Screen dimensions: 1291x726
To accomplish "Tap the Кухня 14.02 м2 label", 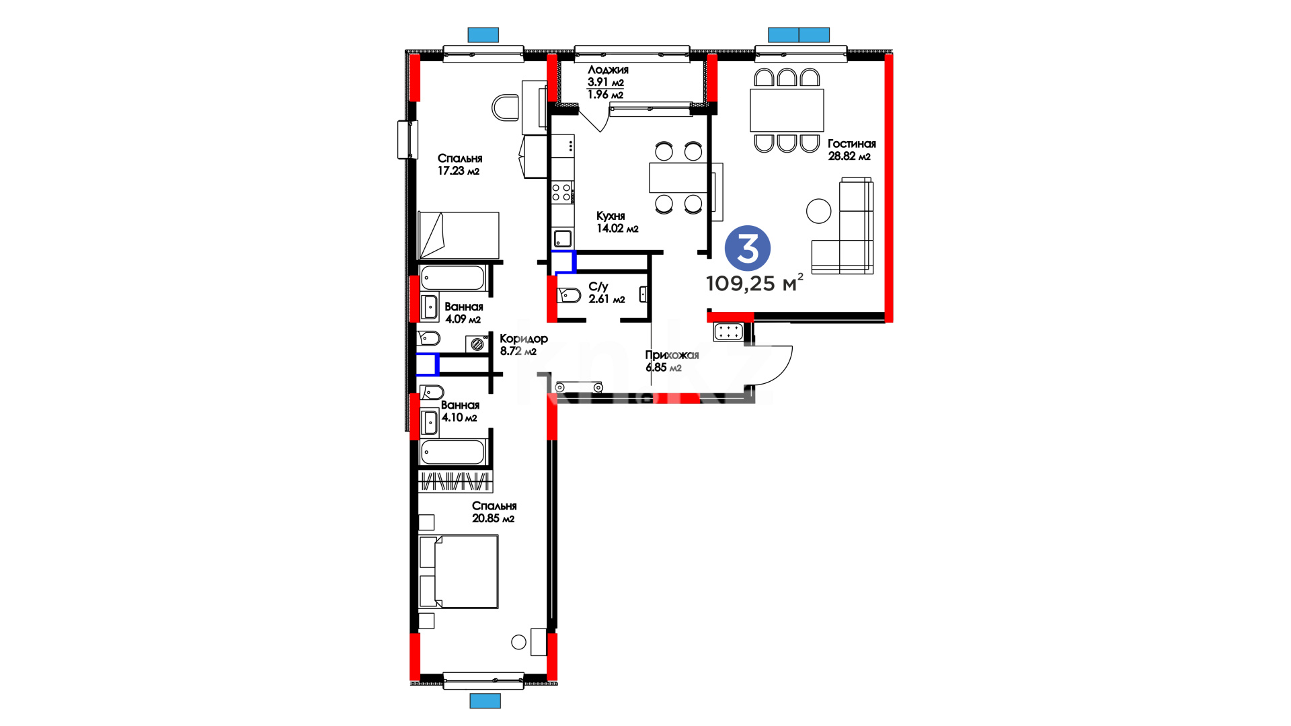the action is click(x=617, y=222).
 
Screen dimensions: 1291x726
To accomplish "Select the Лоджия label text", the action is click(x=608, y=70).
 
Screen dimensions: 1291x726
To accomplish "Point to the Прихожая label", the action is click(x=672, y=355).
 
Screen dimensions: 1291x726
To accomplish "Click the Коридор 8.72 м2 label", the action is click(x=524, y=345).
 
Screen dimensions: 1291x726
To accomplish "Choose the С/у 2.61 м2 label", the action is click(x=607, y=292).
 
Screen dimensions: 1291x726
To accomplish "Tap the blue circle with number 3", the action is click(x=748, y=248).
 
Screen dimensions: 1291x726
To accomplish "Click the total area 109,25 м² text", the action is click(x=754, y=283).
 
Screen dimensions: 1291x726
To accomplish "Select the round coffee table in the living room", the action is click(x=818, y=211).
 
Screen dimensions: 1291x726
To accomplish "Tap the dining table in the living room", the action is click(x=787, y=110).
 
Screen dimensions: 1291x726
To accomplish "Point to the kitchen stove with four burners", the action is click(x=562, y=192).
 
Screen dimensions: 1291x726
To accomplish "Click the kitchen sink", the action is click(x=562, y=238).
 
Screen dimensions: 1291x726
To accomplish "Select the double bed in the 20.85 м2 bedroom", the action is click(x=459, y=571).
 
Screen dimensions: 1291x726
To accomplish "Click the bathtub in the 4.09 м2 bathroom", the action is click(x=453, y=278).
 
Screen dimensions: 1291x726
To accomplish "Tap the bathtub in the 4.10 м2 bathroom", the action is click(x=453, y=452).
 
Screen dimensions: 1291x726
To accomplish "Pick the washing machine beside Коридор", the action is click(x=477, y=344).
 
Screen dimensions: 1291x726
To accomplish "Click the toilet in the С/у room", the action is click(x=569, y=294).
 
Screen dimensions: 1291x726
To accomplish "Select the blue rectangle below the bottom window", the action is click(x=485, y=701).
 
